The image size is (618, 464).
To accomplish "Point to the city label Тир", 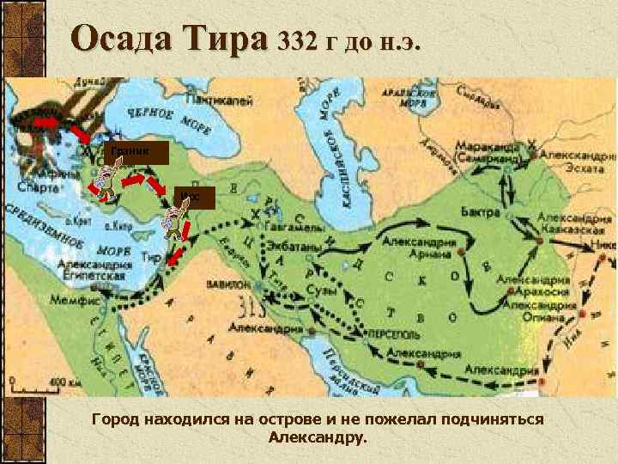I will (x=154, y=257).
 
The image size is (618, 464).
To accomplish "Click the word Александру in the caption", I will (x=316, y=437).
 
